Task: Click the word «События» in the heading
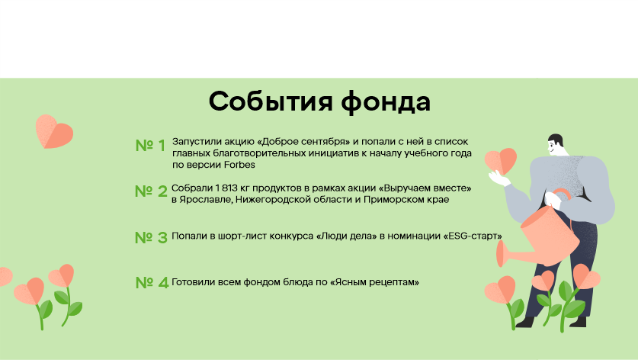tap(271, 101)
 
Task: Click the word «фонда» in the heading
tap(386, 102)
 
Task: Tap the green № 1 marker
tap(150, 146)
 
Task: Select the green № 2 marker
tap(151, 191)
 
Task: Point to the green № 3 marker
tap(151, 237)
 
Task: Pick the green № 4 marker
tap(152, 283)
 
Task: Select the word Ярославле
tap(206, 200)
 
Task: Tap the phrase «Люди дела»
tap(346, 236)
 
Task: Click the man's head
tap(556, 145)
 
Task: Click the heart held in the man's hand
tap(501, 162)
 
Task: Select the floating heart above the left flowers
tap(54, 131)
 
